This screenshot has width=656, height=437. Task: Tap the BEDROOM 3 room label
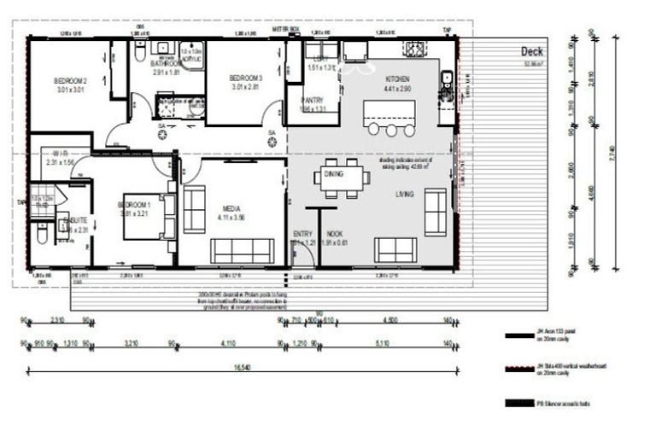(x=244, y=78)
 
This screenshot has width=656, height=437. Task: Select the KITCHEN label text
(x=397, y=78)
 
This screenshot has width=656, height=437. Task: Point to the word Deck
(x=532, y=52)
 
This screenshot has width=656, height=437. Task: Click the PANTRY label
(x=312, y=100)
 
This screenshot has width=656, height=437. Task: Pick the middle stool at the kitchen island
(x=391, y=131)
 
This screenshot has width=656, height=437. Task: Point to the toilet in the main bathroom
(x=139, y=54)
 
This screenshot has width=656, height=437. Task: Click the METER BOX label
(x=284, y=29)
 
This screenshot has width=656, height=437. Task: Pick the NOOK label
(x=335, y=233)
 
